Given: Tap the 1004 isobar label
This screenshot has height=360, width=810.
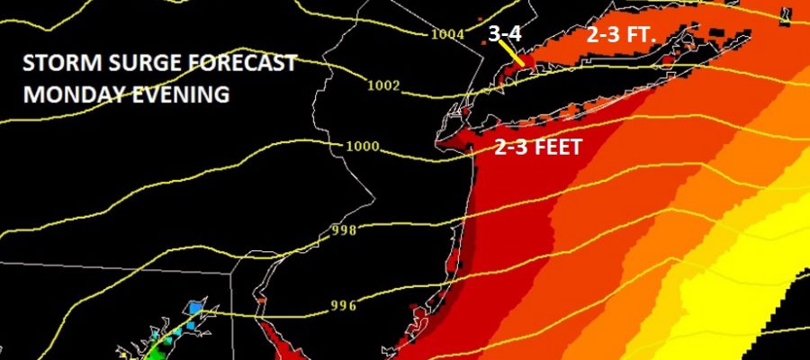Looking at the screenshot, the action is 447,34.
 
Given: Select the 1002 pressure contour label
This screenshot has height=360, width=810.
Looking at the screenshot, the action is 383,85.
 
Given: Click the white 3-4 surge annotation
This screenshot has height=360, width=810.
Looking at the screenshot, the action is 504,33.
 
